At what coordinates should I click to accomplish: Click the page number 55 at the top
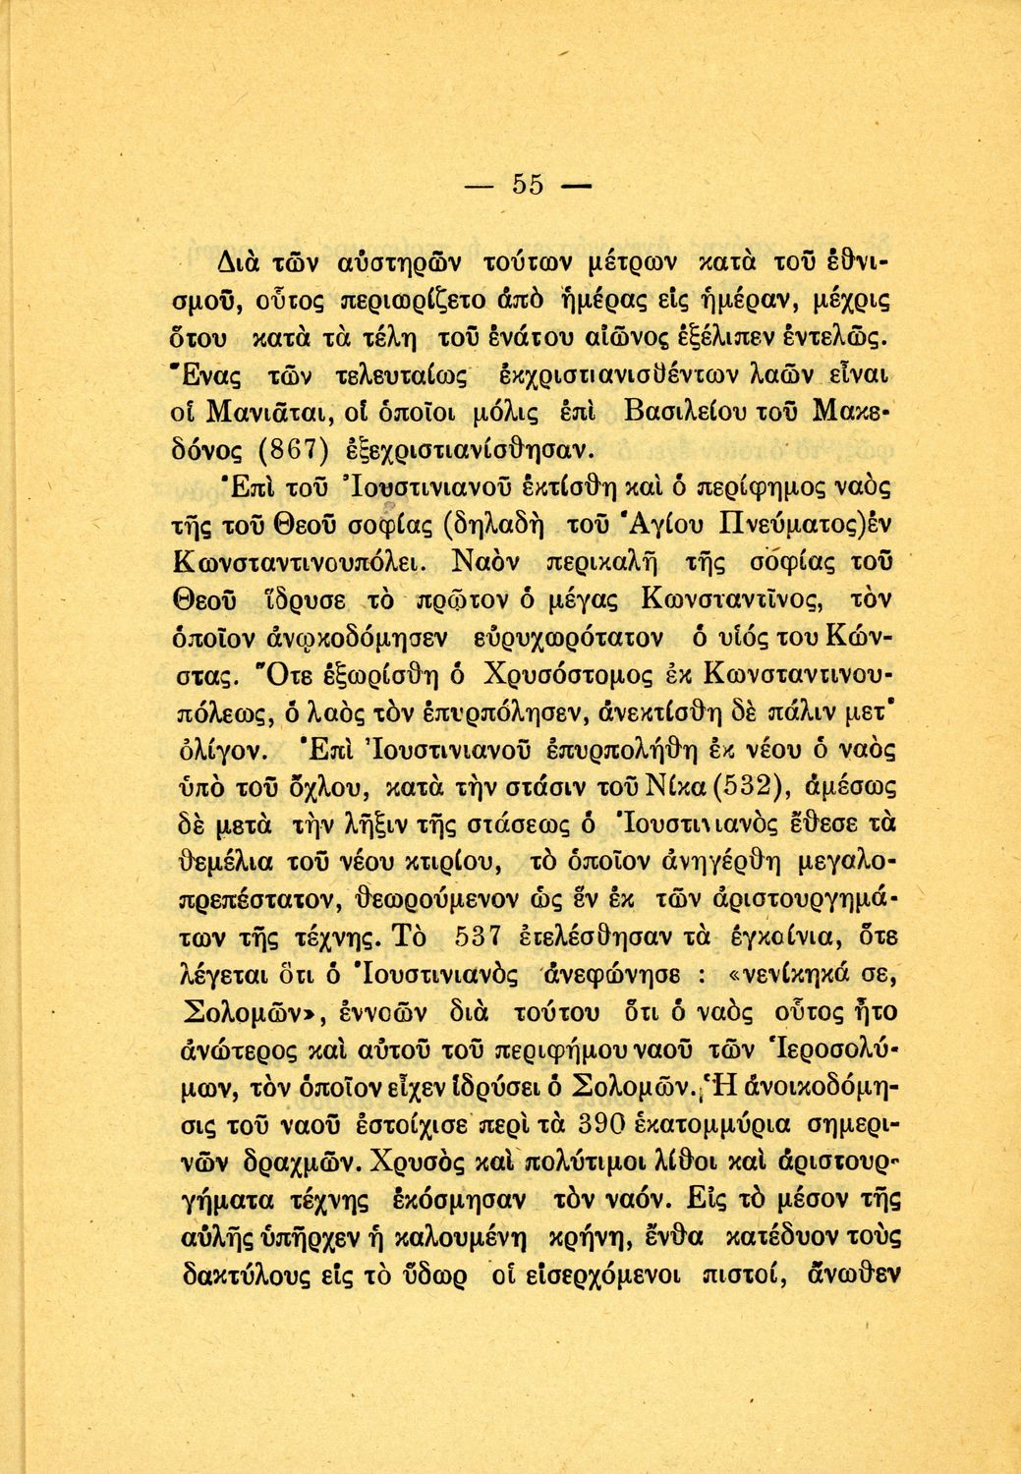[x=528, y=185]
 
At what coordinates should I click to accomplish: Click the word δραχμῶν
[x=286, y=1162]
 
